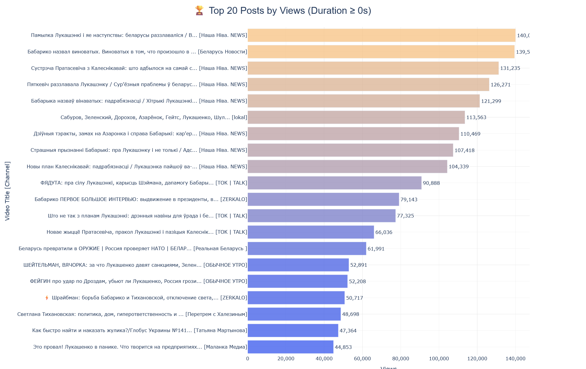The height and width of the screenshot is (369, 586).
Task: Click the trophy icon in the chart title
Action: click(199, 10)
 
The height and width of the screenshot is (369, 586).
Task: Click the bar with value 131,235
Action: click(373, 68)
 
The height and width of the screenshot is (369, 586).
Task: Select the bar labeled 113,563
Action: click(356, 117)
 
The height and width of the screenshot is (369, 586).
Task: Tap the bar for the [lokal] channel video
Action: click(356, 117)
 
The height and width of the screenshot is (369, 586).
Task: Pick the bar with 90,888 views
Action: click(334, 183)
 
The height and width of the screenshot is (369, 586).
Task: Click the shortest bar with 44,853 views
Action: click(290, 347)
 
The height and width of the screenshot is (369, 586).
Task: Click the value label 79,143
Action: click(409, 199)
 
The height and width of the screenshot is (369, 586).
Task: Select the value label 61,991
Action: click(376, 249)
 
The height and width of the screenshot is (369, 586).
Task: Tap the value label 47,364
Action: click(348, 331)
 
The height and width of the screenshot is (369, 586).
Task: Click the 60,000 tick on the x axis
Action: click(362, 359)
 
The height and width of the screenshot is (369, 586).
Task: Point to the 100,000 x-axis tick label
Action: click(439, 359)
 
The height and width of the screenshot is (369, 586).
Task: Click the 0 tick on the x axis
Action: click(247, 359)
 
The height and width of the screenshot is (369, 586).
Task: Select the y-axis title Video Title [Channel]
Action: click(7, 191)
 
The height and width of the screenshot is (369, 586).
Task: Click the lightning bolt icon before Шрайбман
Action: click(47, 298)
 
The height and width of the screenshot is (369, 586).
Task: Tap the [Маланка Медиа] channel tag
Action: click(225, 347)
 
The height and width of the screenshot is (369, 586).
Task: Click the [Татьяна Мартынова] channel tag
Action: click(220, 331)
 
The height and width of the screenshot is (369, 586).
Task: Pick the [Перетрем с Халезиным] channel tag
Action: click(216, 314)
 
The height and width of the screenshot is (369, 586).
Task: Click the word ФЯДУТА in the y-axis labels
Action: click(51, 183)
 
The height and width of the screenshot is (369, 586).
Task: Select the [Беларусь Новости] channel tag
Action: click(222, 52)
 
